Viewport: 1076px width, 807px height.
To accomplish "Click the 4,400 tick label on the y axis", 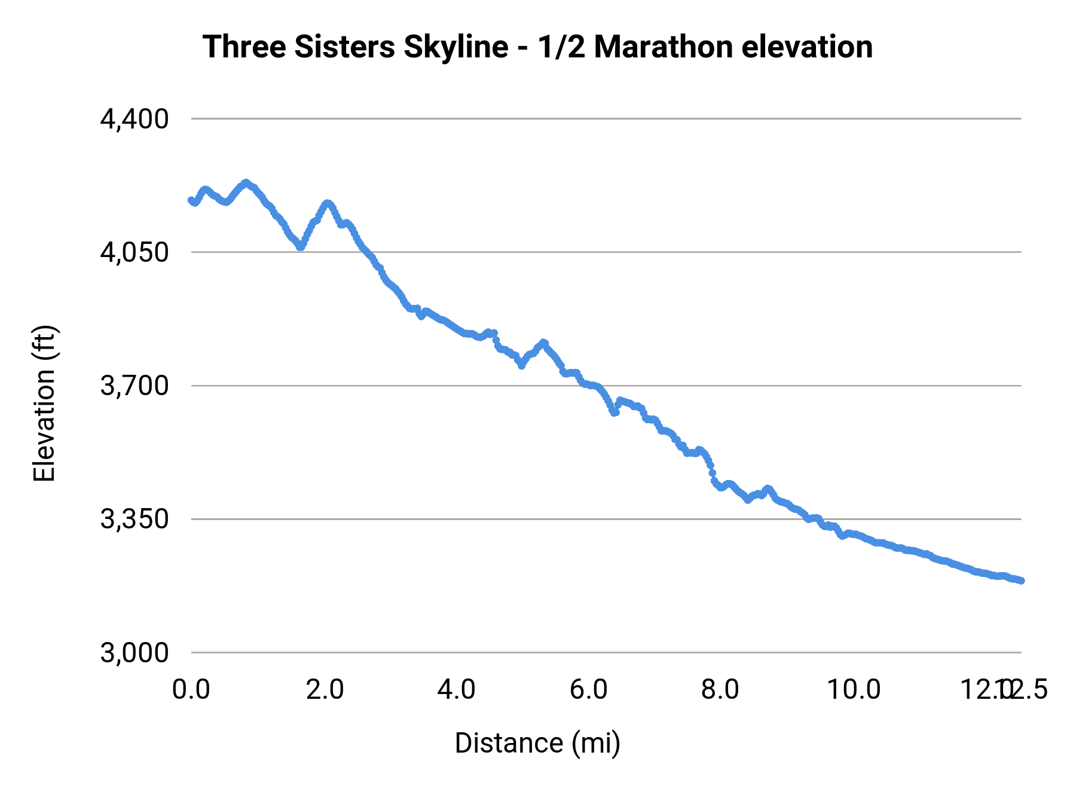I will [x=134, y=119].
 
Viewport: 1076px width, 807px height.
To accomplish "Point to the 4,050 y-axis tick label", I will [x=134, y=252].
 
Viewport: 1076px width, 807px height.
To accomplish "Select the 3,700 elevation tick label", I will [x=134, y=386].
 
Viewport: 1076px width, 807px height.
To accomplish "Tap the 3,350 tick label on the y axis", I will [x=134, y=519].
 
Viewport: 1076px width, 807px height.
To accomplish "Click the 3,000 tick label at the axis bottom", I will [x=134, y=652].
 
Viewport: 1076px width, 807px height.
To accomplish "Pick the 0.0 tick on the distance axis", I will [x=191, y=689].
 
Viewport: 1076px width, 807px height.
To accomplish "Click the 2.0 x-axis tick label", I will [x=324, y=689].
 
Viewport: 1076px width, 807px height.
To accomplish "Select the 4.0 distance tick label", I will [x=456, y=689].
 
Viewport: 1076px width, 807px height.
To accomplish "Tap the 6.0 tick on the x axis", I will [x=588, y=689].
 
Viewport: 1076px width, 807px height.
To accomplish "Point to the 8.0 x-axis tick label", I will [x=720, y=689].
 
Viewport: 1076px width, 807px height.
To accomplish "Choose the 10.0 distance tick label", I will [x=853, y=689].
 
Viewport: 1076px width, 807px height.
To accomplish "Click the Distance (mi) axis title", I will [x=537, y=743].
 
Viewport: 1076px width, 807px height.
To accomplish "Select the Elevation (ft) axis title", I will [x=44, y=403].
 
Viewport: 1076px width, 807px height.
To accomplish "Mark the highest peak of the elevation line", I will [x=245, y=182].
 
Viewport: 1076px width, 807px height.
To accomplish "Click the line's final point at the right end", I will [x=1021, y=580].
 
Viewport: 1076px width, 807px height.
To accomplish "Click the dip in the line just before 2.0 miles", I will [x=301, y=247].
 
